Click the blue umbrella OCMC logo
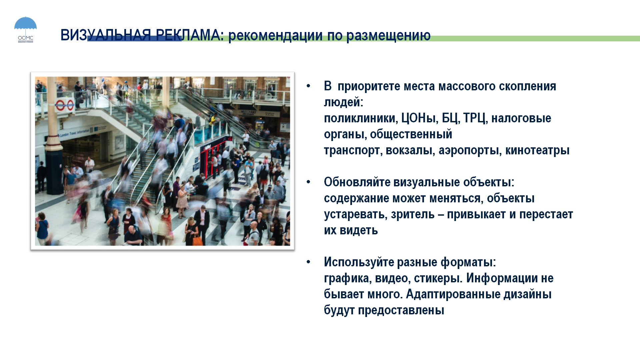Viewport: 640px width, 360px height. pos(25,29)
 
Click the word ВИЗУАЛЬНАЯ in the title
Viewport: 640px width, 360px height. pos(106,35)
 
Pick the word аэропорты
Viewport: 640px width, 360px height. pos(470,150)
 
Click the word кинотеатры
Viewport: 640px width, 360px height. pos(537,150)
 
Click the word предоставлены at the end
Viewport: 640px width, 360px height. pos(401,310)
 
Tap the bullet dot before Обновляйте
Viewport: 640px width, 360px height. pos(308,182)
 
